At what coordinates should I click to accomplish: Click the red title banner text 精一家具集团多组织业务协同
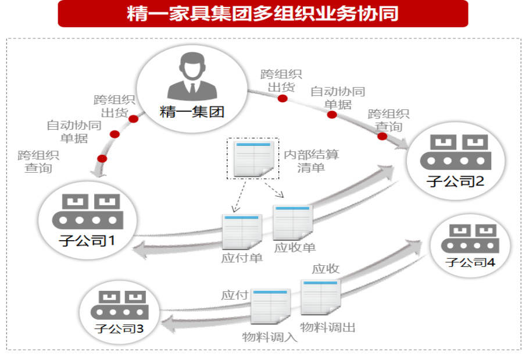[262, 13]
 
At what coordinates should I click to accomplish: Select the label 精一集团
[192, 112]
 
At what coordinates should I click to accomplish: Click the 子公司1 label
[87, 240]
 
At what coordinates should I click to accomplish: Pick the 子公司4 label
[470, 262]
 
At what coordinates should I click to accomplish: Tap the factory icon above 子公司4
[470, 238]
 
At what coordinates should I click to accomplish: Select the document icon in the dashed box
[253, 158]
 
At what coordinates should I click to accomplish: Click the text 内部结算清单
[311, 161]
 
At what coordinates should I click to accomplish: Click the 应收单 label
[295, 247]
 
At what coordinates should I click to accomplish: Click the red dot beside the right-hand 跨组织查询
[382, 136]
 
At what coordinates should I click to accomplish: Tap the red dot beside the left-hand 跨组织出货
[133, 119]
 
